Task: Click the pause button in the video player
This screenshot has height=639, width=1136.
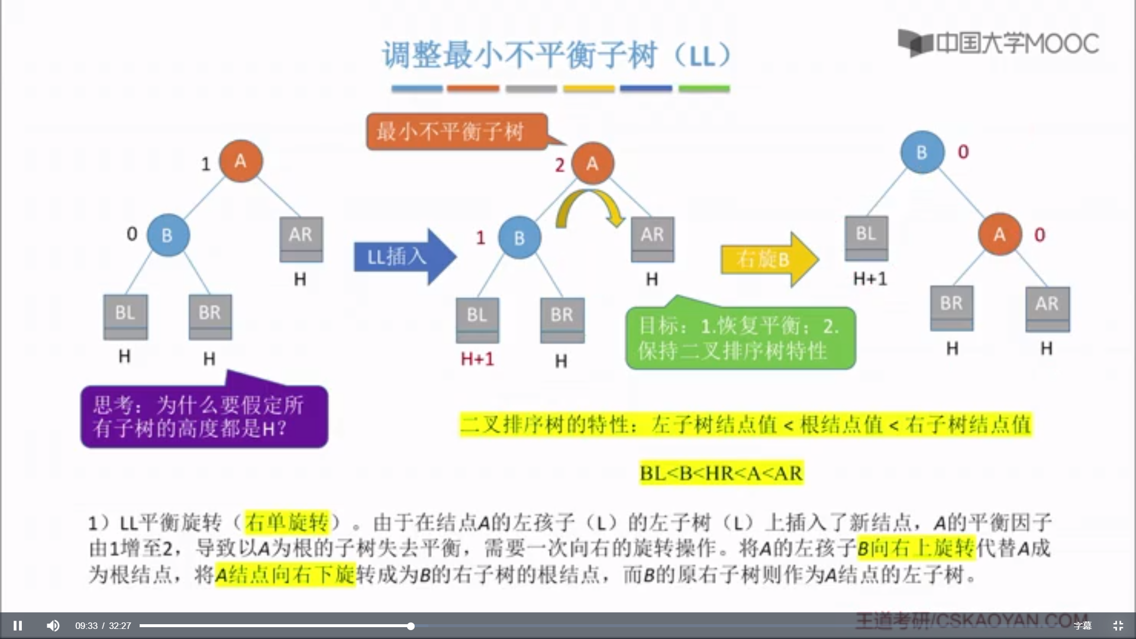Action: tap(18, 625)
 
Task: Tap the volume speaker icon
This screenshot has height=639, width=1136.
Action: tap(53, 625)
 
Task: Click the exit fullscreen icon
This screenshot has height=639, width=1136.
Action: tap(1118, 625)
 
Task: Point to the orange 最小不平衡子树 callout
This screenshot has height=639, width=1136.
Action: tap(456, 131)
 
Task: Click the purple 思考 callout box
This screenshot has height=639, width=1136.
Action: tap(204, 416)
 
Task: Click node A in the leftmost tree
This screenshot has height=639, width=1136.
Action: tap(241, 161)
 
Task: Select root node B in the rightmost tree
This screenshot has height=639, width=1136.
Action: tap(922, 152)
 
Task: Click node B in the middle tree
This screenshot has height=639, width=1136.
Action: tap(519, 238)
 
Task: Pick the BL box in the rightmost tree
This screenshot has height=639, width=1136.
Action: tap(866, 237)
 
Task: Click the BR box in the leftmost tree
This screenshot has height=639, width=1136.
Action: tap(210, 316)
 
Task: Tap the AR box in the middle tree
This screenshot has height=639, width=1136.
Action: tap(653, 238)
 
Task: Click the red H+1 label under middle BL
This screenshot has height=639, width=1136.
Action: tap(477, 359)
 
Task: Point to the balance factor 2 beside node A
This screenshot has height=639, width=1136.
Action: tap(560, 166)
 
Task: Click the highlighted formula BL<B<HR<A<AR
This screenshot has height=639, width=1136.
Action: tap(721, 473)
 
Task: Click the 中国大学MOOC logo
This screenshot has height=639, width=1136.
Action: tap(998, 43)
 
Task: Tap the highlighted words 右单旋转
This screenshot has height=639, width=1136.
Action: tap(286, 522)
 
